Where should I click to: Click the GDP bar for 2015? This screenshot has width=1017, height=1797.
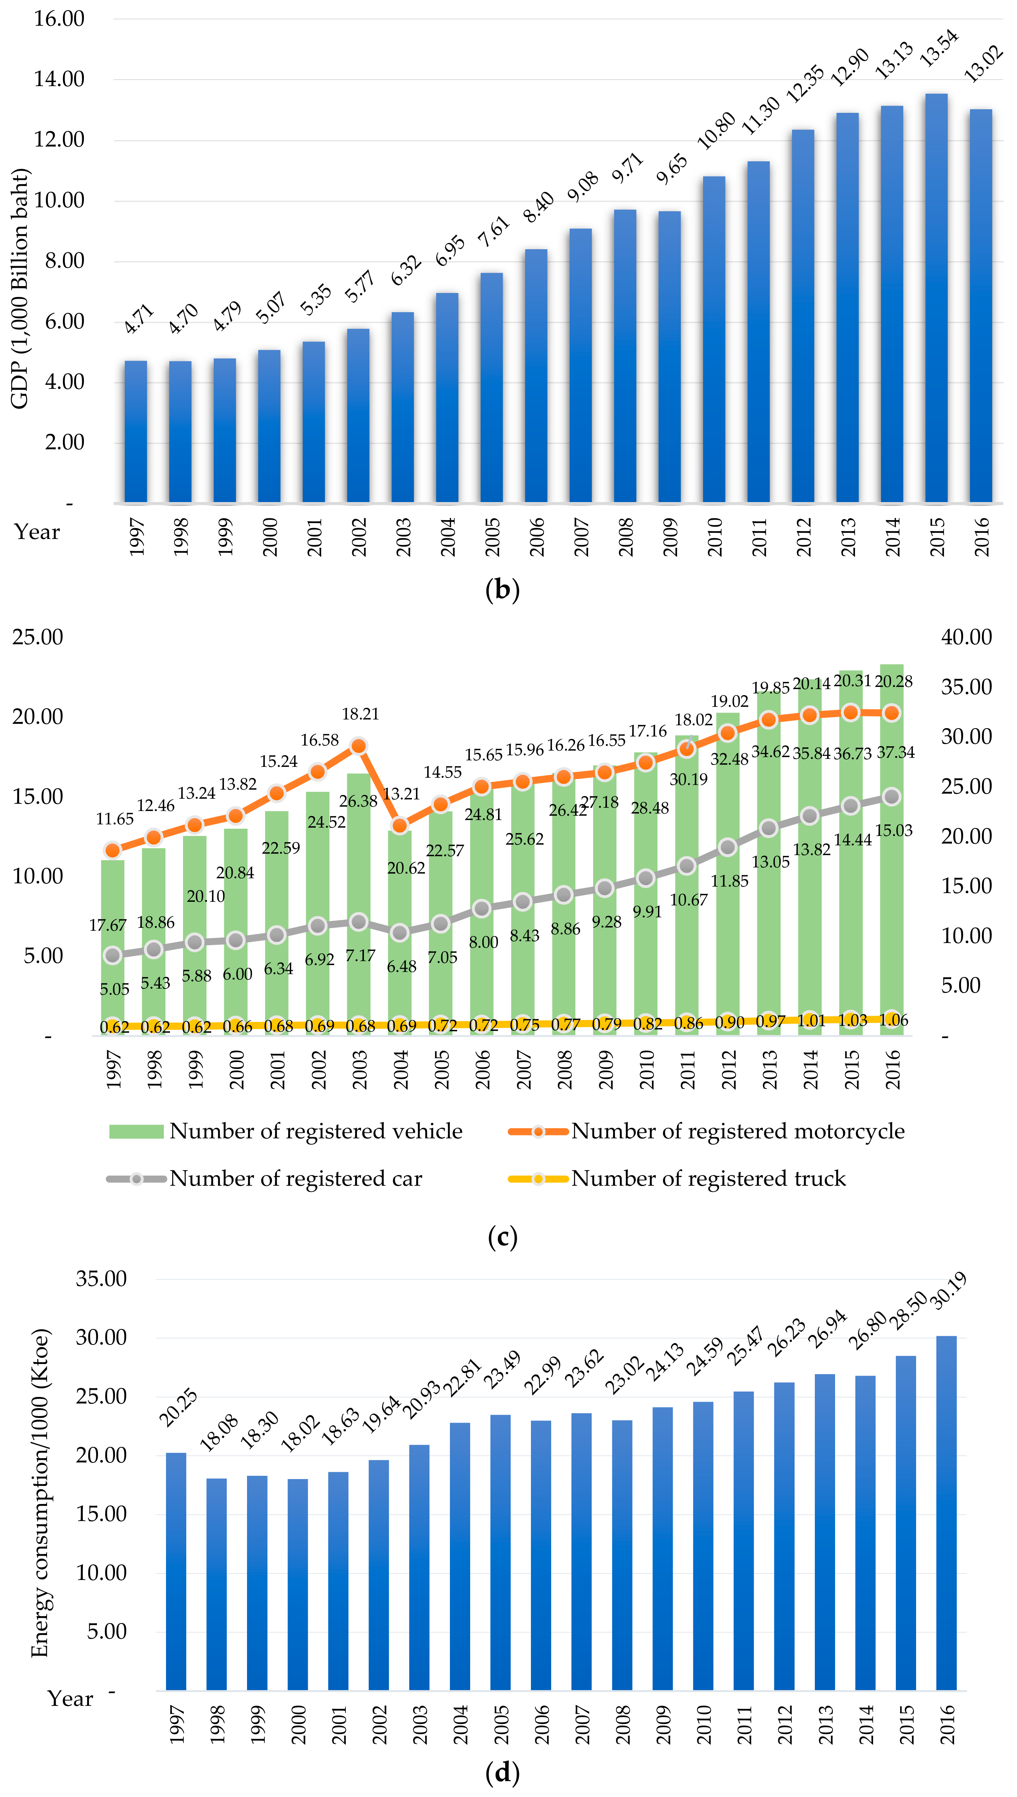tap(936, 300)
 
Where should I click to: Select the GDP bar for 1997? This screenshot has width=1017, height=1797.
tap(136, 433)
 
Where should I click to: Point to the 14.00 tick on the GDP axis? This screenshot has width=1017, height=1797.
tap(59, 79)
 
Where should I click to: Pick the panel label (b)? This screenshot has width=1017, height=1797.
tap(502, 590)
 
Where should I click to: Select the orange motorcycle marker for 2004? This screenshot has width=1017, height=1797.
tap(400, 825)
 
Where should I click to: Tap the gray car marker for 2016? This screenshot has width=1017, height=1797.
tap(891, 797)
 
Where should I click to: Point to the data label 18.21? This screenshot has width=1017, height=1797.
tap(361, 714)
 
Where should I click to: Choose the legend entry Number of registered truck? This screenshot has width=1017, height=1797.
tap(707, 1179)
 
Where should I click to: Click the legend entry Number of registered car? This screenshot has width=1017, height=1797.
tap(295, 1179)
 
